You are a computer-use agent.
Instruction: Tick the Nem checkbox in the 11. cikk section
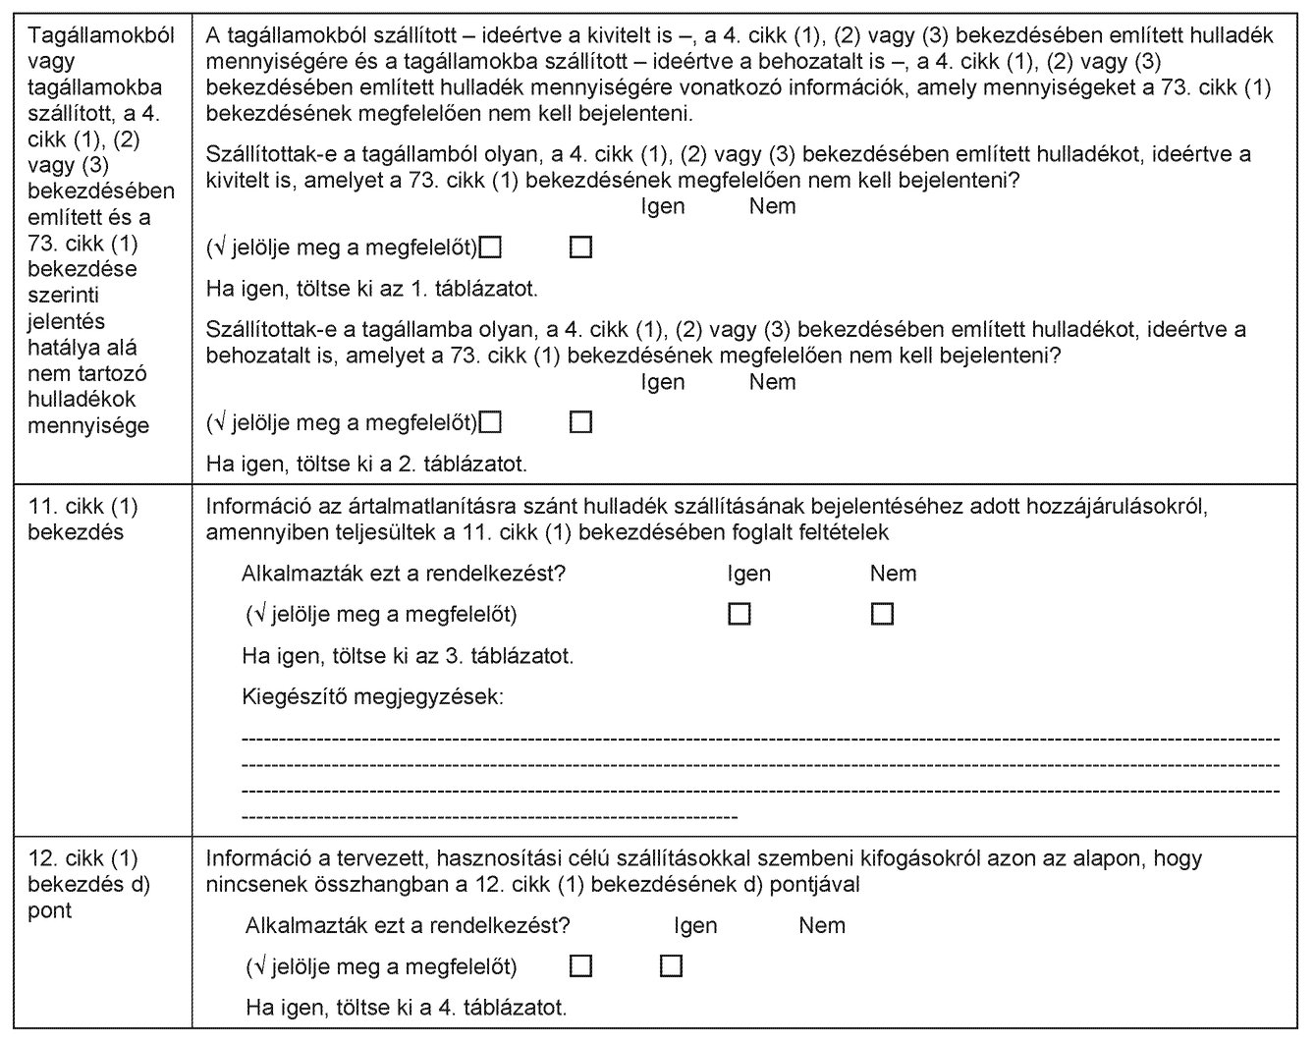pos(882,614)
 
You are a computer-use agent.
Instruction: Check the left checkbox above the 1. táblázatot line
pos(490,247)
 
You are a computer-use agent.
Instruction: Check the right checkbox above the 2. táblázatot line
pos(580,422)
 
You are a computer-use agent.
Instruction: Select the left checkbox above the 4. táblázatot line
pos(580,966)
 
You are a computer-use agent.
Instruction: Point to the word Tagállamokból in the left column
pos(101,35)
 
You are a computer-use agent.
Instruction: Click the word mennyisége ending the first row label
pos(88,425)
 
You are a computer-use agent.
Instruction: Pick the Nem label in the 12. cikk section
pos(821,925)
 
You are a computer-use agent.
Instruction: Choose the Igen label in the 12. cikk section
pos(695,925)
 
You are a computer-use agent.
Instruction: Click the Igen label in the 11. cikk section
pos(748,574)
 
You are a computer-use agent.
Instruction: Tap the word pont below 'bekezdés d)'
pos(50,910)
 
